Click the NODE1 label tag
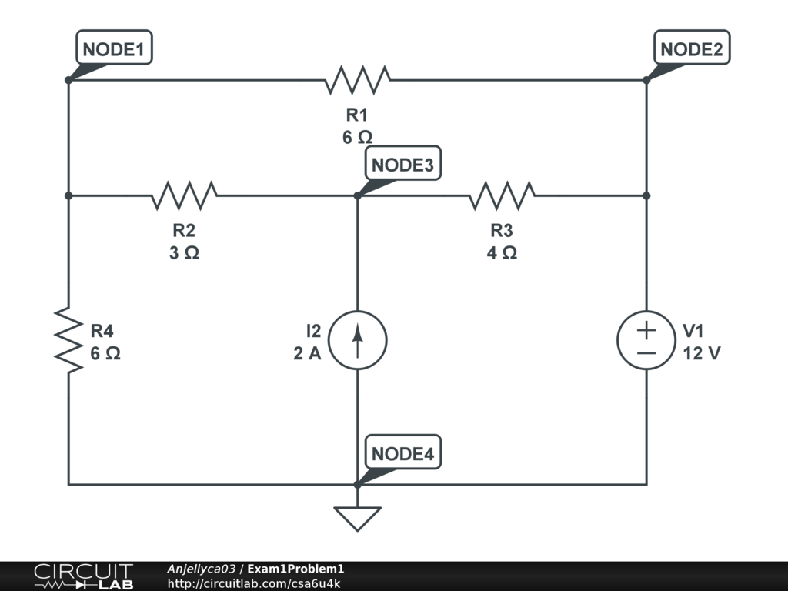coord(113,49)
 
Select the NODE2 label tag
coord(691,49)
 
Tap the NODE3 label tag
coord(402,165)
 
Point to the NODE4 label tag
coord(402,454)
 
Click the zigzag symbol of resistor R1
coord(358,79)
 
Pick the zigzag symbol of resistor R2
coord(185,195)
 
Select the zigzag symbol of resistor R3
coord(502,195)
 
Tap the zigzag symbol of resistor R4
coord(68,340)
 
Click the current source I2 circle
coord(358,340)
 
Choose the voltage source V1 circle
coord(646,340)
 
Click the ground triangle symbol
coord(358,518)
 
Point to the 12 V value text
coord(701,354)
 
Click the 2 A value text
coord(307,354)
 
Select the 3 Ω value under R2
coord(185,252)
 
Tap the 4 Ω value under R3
coord(502,252)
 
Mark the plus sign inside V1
coord(646,329)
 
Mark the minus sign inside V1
coord(646,352)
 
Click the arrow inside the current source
coord(358,339)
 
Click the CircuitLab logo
coord(83,576)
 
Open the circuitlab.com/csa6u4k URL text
coord(254,583)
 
